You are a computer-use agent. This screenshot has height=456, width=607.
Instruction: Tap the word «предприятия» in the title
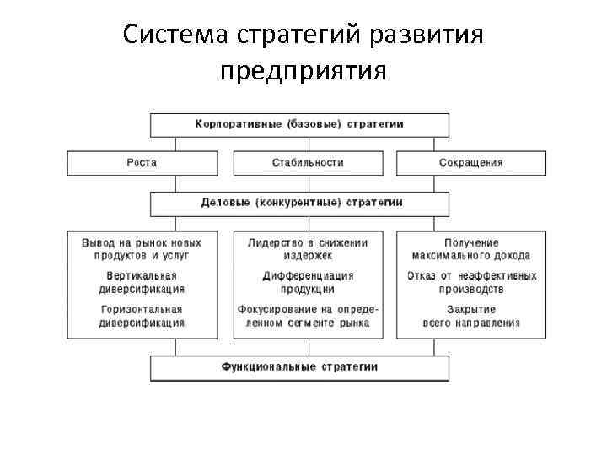coord(303,71)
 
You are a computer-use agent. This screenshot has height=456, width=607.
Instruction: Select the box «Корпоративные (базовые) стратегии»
coord(299,124)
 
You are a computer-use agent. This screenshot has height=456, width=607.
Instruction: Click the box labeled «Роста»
coord(142,162)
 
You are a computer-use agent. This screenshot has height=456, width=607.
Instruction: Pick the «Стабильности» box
coord(308,162)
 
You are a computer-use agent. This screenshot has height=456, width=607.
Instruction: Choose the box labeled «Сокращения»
coord(470,162)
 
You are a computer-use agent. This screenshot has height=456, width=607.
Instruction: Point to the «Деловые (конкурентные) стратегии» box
coord(302,203)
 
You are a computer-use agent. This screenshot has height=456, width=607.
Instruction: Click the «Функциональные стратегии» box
coord(299,367)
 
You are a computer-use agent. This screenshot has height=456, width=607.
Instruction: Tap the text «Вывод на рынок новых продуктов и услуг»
coord(142,248)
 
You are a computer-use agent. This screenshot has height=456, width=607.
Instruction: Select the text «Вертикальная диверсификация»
coord(142,282)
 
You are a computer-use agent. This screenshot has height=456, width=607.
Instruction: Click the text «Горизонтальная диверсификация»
coord(142,316)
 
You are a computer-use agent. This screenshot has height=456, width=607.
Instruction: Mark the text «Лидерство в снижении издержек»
coord(308,248)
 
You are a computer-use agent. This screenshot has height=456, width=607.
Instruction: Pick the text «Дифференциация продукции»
coord(308,282)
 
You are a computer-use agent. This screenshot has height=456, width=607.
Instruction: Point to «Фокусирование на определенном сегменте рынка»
coord(308,316)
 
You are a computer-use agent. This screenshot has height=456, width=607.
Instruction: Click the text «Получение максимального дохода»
coord(471,248)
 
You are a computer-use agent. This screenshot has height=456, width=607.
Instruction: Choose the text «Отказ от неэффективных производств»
coord(471,282)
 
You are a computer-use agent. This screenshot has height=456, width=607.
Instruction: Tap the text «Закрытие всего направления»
coord(471,316)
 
